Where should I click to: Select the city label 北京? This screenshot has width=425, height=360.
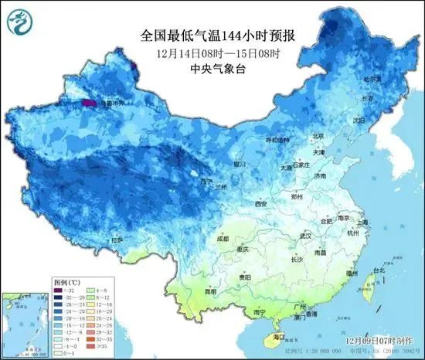tap(318, 137)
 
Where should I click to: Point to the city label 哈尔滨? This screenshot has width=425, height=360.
tap(373, 80)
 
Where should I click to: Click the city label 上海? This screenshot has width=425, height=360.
tap(367, 222)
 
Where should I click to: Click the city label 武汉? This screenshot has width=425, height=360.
tap(306, 235)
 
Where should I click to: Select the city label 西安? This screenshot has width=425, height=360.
tap(260, 204)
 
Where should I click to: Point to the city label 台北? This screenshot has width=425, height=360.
tap(378, 270)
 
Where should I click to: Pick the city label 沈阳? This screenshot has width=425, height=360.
tap(358, 121)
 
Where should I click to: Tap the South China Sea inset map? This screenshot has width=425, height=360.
tap(25, 321)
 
